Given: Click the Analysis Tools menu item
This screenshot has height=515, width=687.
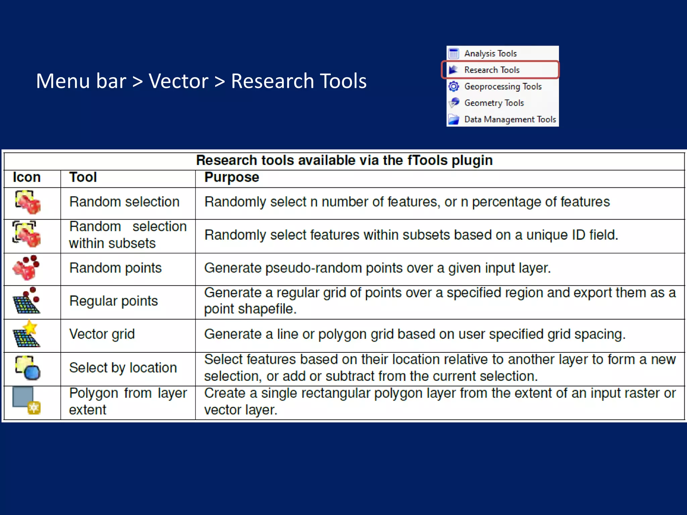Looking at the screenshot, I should (x=490, y=54).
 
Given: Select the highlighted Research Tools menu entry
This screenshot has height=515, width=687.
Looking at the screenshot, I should (x=492, y=70).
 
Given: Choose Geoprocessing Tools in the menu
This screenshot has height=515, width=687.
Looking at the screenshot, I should (x=503, y=87).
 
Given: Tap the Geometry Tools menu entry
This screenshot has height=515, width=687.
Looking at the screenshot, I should (x=494, y=103).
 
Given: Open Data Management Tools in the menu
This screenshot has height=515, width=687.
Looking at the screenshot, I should (x=510, y=119).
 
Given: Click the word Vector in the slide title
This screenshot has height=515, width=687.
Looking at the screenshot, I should (x=178, y=81).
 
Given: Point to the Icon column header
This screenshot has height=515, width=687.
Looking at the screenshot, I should (x=27, y=177).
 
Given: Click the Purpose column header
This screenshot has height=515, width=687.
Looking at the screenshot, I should (x=231, y=177).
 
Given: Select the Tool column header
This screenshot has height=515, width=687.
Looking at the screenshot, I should (x=83, y=177).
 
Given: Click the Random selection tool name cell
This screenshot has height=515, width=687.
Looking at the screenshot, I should (x=124, y=202).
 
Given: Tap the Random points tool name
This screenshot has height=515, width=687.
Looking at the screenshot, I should (x=115, y=268).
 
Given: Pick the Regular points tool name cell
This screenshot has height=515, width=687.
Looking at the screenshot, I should (x=113, y=301).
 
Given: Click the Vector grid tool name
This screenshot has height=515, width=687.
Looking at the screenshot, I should (x=102, y=334).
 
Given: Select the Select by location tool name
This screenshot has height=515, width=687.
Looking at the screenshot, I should (x=123, y=368).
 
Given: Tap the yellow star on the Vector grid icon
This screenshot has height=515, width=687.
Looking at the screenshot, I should (x=30, y=327).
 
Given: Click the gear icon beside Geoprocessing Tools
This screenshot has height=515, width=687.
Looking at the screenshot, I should (x=454, y=87).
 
